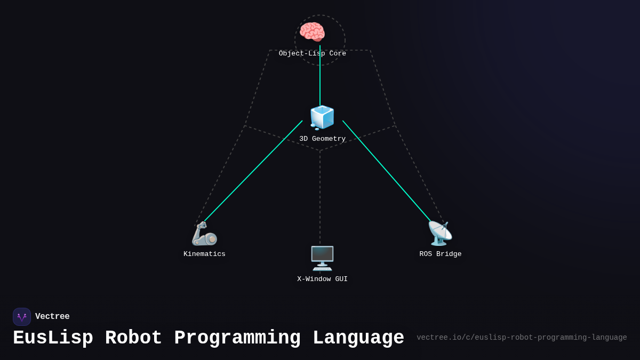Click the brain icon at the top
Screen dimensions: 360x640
coord(312,32)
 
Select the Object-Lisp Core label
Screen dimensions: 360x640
coord(312,54)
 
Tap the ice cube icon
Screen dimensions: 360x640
coord(322,117)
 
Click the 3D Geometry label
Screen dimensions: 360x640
coord(322,139)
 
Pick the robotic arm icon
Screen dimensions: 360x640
coord(204,234)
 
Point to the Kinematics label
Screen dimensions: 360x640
coord(204,254)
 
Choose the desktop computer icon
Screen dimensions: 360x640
coord(322,258)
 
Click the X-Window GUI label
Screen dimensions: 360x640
coord(322,279)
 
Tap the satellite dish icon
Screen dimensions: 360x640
coord(440,234)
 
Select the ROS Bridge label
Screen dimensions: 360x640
coord(440,254)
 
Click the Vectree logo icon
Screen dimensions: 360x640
coord(22,317)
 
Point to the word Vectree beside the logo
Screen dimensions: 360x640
coord(52,317)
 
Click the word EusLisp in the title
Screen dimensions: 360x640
coord(53,338)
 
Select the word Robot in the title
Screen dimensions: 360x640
coord(133,338)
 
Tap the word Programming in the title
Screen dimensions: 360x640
coord(237,338)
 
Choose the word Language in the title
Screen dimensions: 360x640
coord(358,338)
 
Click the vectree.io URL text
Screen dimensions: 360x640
coord(522,338)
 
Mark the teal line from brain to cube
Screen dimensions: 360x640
coord(320,80)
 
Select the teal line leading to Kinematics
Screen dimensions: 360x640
coord(253,171)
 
